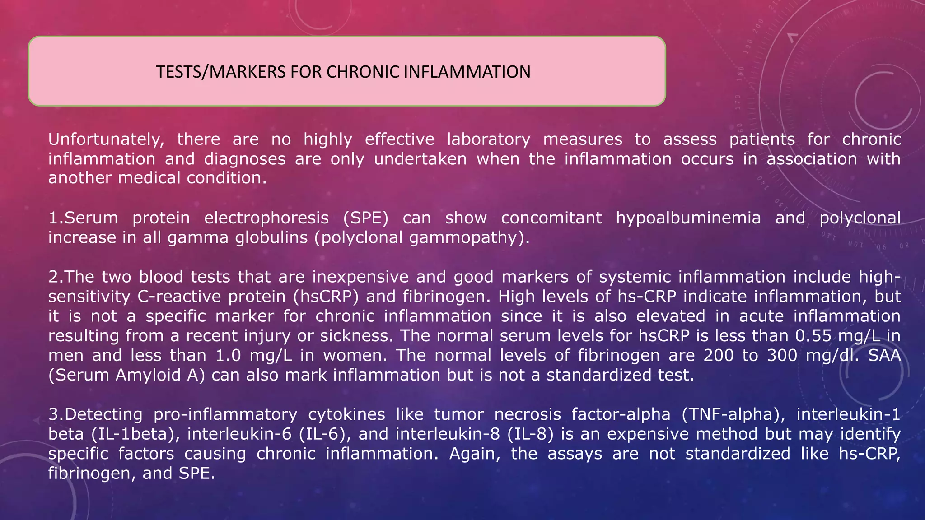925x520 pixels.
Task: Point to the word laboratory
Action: [x=489, y=139]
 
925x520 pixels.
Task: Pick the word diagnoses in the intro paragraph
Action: [x=245, y=159]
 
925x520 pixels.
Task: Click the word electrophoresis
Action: [x=266, y=218]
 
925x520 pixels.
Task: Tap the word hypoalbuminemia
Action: [x=688, y=218]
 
